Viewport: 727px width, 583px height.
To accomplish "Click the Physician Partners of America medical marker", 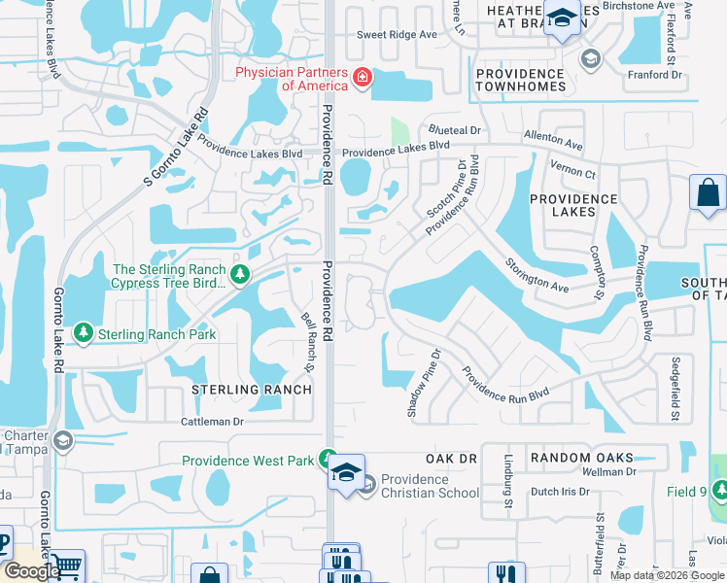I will pos(362,77).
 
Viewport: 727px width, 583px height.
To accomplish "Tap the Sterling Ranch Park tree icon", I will pos(85,334).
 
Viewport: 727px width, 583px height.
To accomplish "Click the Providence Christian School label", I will pos(430,486).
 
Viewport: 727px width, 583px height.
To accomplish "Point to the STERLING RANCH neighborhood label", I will pos(251,390).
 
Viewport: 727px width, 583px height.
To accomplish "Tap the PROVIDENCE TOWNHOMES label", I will pos(520,80).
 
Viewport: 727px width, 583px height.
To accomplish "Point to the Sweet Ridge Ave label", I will pos(397,34).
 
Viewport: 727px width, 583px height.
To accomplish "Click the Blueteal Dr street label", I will pos(456,130).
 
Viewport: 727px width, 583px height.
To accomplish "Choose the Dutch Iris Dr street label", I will pos(557,492).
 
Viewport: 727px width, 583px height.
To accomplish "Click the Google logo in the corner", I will pos(31,571).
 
